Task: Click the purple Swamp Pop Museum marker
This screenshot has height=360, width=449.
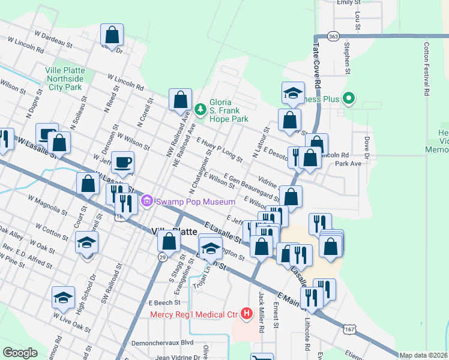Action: (146, 202)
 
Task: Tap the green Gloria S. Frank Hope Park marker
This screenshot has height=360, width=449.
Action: (200, 109)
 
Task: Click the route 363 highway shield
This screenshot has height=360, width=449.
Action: (334, 37)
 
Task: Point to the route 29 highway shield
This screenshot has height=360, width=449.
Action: (163, 257)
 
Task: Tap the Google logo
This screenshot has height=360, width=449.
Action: (20, 352)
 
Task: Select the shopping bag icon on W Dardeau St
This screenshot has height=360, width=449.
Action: (112, 35)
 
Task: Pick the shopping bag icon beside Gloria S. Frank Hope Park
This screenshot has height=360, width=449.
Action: (180, 100)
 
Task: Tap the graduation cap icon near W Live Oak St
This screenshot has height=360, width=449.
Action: (62, 298)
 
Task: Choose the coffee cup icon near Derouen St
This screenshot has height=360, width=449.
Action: (122, 162)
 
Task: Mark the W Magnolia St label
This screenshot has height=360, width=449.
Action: (48, 204)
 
